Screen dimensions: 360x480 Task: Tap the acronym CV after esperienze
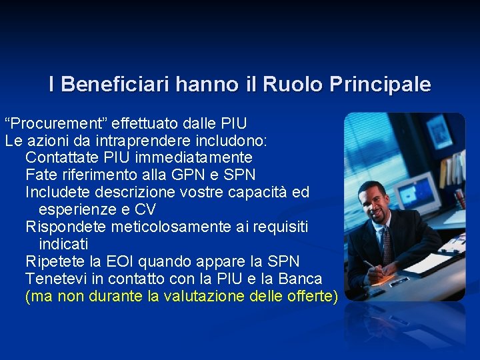coord(145,210)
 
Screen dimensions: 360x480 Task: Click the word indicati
coord(63,245)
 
